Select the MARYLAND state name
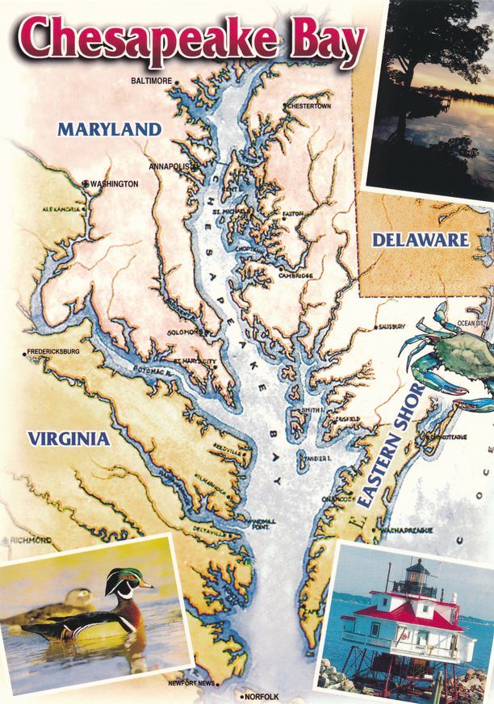[110, 128]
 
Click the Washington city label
[114, 184]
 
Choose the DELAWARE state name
[420, 239]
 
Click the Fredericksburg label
[53, 352]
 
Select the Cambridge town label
[295, 275]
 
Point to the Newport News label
[191, 684]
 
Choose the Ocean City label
[472, 323]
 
